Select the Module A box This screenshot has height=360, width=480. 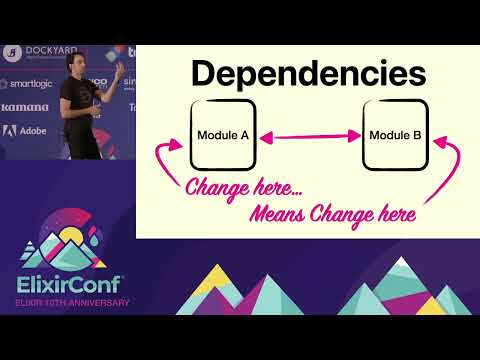pos(223,134)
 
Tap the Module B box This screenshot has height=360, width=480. pos(395,134)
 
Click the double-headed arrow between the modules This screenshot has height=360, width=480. pos(309,134)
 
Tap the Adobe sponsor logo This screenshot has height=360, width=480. pos(26,130)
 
